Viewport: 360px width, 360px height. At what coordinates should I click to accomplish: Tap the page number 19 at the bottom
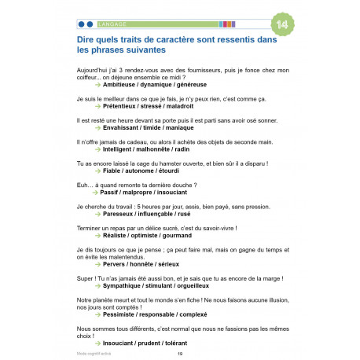181,354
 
